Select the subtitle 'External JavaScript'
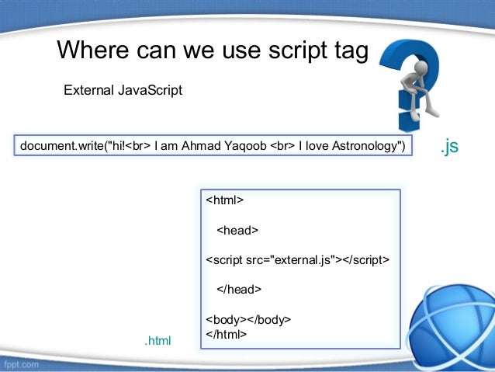[x=123, y=91]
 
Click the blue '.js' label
[x=449, y=145]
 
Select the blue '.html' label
[x=157, y=340]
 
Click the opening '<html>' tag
[x=224, y=200]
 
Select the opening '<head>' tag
[x=237, y=230]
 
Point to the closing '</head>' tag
[x=239, y=289]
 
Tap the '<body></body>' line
[x=247, y=319]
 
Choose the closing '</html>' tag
[x=226, y=334]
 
